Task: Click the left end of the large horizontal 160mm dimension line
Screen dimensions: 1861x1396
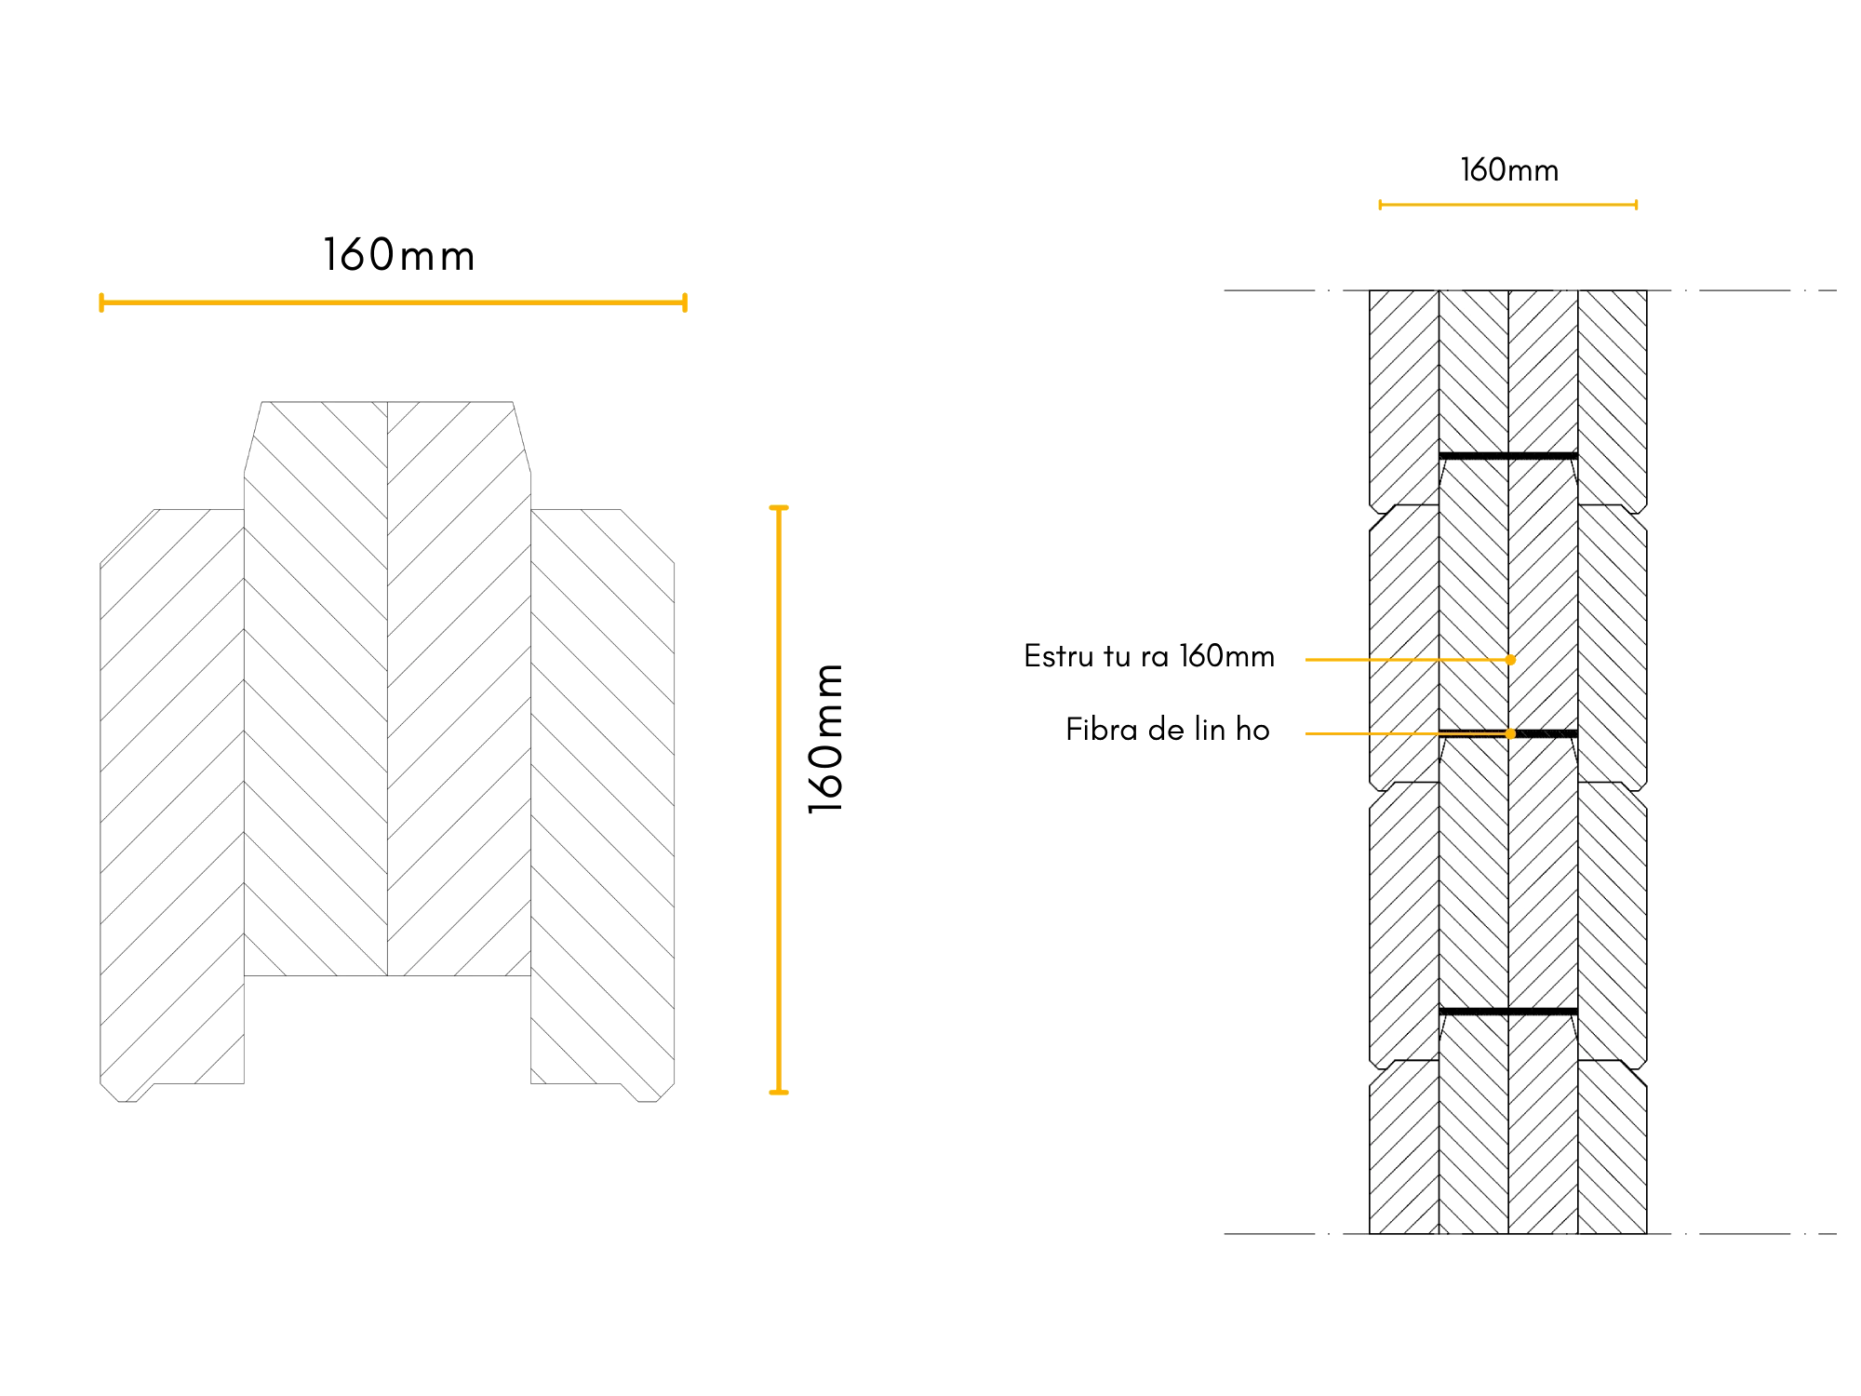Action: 101,302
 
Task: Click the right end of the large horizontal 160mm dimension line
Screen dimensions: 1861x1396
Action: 685,302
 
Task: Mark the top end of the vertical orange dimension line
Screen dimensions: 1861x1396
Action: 779,508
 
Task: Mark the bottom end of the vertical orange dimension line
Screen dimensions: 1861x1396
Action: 779,1092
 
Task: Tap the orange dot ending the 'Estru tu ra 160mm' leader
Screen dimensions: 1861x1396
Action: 1510,660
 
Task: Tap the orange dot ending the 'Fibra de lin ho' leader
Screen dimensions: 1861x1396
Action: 1510,733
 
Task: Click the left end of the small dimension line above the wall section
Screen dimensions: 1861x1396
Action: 1380,205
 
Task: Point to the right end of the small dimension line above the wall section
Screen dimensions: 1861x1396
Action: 1636,205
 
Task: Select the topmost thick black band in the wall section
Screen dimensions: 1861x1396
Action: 1508,456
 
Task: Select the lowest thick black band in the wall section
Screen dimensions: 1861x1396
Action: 1508,1012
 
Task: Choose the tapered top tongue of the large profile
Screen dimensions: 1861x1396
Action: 387,437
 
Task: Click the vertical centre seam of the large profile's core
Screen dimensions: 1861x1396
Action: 387,689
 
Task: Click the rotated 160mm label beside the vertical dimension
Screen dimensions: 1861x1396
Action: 825,739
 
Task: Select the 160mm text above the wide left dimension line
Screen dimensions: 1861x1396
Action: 399,255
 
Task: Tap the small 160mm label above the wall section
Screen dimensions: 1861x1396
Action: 1509,169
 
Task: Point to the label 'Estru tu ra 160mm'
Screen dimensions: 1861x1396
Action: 1149,656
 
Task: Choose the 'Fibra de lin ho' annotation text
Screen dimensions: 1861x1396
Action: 1168,729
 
